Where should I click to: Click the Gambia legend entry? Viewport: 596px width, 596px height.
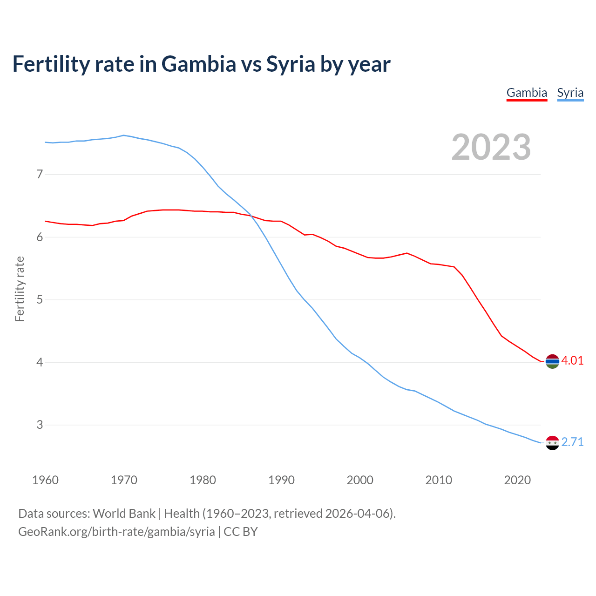coord(527,93)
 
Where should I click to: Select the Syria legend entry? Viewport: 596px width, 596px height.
coord(570,93)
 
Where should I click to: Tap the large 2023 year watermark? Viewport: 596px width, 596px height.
coord(491,147)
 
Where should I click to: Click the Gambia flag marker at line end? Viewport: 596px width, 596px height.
coord(552,361)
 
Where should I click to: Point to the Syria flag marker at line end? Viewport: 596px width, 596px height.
coord(552,443)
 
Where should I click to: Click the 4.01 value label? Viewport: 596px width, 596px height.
coord(572,361)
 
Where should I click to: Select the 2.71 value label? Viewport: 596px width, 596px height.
coord(572,442)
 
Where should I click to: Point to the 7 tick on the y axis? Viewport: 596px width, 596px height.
coord(40,175)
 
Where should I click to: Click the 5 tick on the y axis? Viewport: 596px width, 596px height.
coord(40,300)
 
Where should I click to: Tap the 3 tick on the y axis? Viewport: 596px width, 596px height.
coord(40,425)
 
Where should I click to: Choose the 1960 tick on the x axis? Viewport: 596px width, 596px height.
coord(45,480)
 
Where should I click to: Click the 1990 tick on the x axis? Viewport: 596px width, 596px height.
coord(281,480)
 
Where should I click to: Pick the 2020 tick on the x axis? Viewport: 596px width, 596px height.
coord(517,480)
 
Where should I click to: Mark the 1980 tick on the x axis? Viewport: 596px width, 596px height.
coord(203,480)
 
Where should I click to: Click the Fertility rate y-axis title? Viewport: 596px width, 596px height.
coord(20,289)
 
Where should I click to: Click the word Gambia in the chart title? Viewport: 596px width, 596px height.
coord(199,64)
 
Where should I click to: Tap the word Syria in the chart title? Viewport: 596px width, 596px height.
coord(291,64)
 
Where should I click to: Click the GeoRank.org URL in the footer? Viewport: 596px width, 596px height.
coord(116,532)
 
